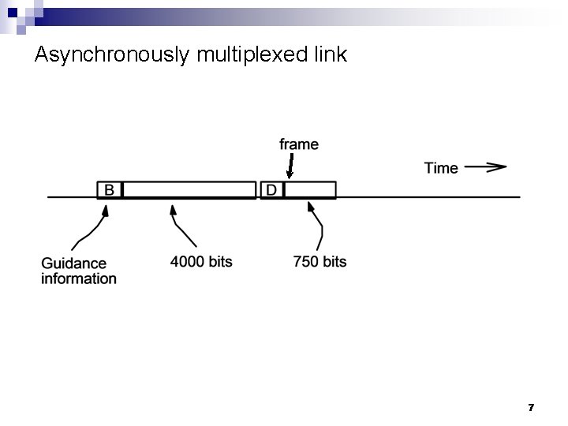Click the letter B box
110,190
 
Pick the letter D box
271,190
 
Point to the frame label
299,144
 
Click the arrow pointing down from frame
290,166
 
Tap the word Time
441,167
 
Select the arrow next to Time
485,167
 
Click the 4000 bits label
201,261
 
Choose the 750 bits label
319,261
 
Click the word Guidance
73,263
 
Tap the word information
78,278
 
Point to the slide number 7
531,407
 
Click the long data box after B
190,190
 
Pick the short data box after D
310,190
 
